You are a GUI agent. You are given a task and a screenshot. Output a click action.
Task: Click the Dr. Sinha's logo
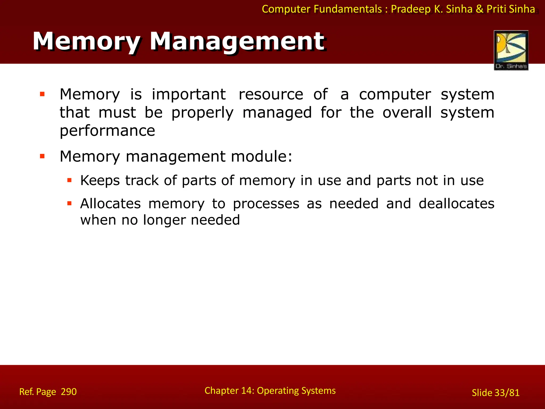tap(511, 50)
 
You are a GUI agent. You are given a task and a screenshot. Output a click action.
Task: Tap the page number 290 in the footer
tap(69, 392)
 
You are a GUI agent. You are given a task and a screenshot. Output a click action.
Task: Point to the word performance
tap(107, 131)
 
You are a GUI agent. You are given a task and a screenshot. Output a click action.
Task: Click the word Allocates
tap(110, 204)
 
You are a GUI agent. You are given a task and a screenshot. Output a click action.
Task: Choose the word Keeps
tap(100, 181)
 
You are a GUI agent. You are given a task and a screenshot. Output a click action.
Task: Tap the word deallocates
tap(456, 204)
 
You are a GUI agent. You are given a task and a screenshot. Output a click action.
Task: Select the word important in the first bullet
tap(189, 94)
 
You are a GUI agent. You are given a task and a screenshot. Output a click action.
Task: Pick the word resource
tap(271, 94)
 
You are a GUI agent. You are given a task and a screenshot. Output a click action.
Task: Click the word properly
tap(202, 113)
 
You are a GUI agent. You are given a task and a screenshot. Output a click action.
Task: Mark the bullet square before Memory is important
tap(42, 94)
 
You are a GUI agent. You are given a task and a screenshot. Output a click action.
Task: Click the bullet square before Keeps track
tap(70, 181)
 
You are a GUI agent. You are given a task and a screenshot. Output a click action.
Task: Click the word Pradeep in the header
tap(411, 9)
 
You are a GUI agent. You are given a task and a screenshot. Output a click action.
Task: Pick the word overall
tap(407, 113)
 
